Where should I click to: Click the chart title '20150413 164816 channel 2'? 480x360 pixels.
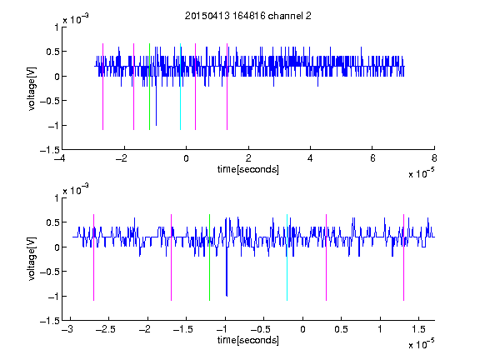pyautogui.click(x=248, y=16)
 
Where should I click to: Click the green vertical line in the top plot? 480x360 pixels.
pyautogui.click(x=149, y=87)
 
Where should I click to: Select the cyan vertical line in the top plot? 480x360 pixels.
pyautogui.click(x=180, y=87)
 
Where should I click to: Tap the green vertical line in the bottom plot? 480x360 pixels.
pyautogui.click(x=209, y=257)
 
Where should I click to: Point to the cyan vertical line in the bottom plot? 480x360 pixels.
pyautogui.click(x=287, y=257)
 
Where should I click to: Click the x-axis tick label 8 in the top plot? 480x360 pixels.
pyautogui.click(x=434, y=158)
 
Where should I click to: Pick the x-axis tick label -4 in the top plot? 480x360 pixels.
pyautogui.click(x=59, y=158)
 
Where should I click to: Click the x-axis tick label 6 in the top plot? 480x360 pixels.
pyautogui.click(x=372, y=158)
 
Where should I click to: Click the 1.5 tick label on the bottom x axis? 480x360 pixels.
pyautogui.click(x=418, y=329)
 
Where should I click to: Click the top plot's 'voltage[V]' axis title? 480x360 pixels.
pyautogui.click(x=32, y=88)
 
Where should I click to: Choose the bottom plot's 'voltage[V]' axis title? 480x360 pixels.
pyautogui.click(x=32, y=259)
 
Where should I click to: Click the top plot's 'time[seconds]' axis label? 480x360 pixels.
pyautogui.click(x=248, y=169)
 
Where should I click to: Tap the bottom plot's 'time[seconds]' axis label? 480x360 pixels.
pyautogui.click(x=248, y=340)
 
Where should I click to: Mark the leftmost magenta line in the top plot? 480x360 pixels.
pyautogui.click(x=102, y=87)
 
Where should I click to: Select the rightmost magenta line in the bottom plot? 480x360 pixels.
pyautogui.click(x=403, y=257)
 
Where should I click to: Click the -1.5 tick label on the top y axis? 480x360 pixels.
pyautogui.click(x=50, y=150)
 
